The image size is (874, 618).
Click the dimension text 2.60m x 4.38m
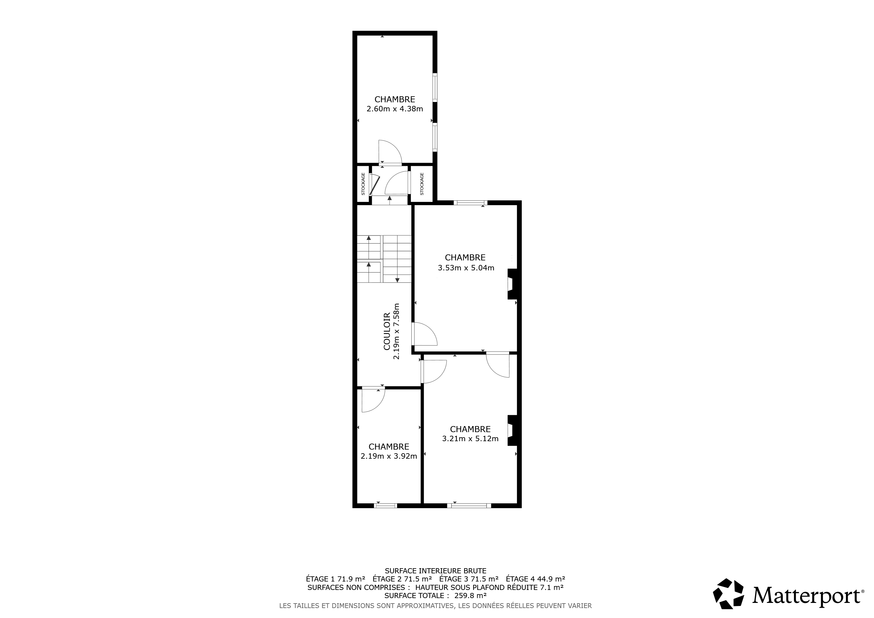395,109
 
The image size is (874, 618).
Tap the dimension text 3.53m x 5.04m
466,268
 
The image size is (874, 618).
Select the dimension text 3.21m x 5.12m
470,439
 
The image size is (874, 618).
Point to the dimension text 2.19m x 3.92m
389,456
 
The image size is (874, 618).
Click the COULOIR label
387,331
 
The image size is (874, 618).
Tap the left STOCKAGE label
363,184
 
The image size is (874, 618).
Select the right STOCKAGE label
422,184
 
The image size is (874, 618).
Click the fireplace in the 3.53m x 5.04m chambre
512,284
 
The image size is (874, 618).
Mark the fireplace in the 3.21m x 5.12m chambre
512,430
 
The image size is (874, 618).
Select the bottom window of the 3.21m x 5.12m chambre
469,506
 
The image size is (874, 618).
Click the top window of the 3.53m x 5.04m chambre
470,203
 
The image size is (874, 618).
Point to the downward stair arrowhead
397,280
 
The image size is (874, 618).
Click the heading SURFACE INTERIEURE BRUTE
435,571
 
